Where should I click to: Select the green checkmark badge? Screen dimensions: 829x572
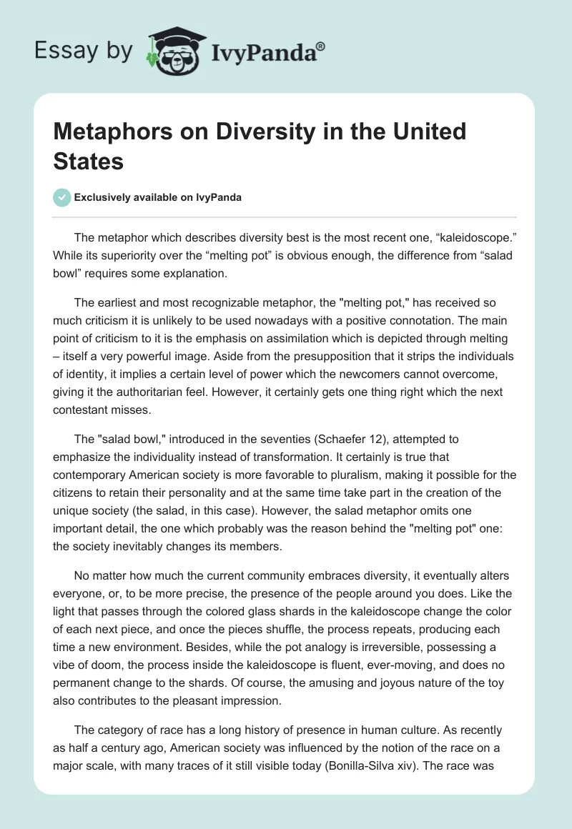pos(62,197)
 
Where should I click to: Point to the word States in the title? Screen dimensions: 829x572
pos(89,161)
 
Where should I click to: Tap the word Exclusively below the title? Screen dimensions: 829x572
pos(107,198)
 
